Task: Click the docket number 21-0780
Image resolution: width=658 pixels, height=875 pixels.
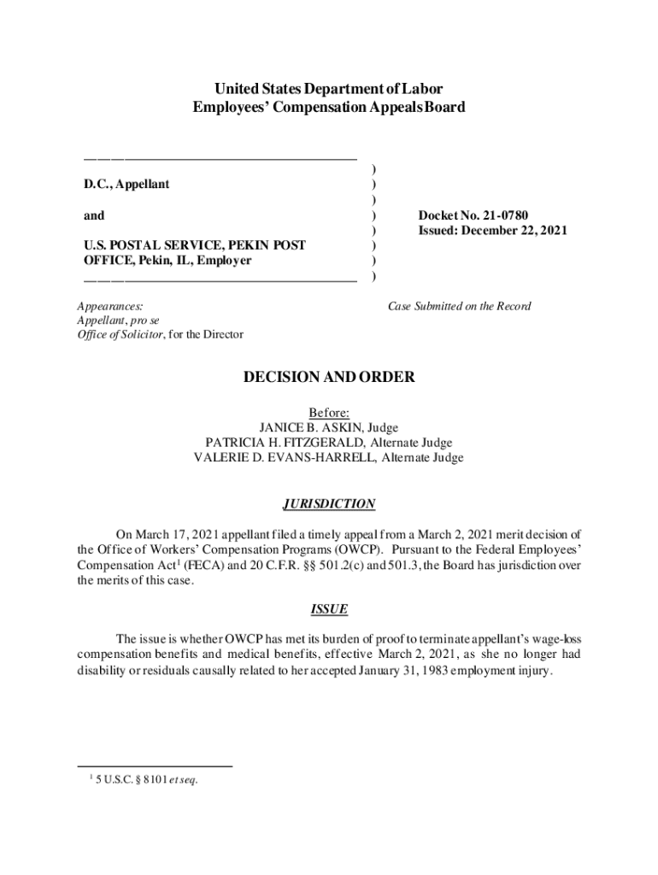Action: [515, 215]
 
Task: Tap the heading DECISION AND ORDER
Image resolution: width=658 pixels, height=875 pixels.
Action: [329, 377]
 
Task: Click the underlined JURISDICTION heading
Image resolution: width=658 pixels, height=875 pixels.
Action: [329, 504]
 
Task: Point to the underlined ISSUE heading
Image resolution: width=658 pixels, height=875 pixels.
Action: [329, 609]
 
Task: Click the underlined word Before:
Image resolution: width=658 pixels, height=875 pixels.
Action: [329, 412]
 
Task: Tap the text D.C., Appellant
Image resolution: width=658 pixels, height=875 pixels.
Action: [126, 185]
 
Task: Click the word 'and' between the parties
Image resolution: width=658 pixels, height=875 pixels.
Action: [94, 216]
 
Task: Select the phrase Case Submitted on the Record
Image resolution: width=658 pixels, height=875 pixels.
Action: [459, 306]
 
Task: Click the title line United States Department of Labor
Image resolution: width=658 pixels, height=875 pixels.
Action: [329, 89]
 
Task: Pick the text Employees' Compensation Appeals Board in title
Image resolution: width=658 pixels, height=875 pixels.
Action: [329, 108]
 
